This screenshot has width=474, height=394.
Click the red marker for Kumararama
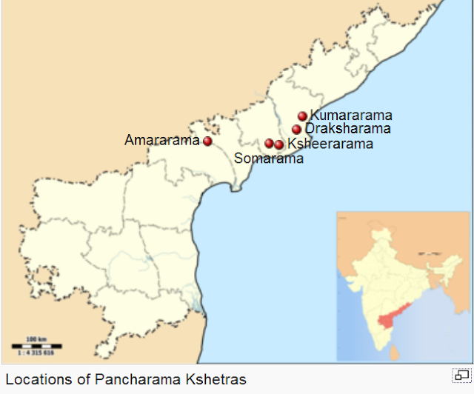(302, 116)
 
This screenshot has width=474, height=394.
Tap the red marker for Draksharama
(296, 130)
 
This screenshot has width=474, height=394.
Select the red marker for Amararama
(207, 141)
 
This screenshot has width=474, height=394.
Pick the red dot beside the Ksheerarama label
(278, 144)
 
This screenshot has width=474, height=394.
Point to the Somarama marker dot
(270, 143)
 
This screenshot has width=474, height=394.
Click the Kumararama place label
(350, 116)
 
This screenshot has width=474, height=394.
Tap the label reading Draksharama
(347, 130)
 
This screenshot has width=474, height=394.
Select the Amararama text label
(162, 140)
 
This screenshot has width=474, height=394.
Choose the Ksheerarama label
(330, 144)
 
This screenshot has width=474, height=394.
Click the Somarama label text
(268, 158)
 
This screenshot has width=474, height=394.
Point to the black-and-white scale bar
(36, 346)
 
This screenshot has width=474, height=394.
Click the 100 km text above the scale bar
(36, 339)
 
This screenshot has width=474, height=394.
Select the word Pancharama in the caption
(136, 379)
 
